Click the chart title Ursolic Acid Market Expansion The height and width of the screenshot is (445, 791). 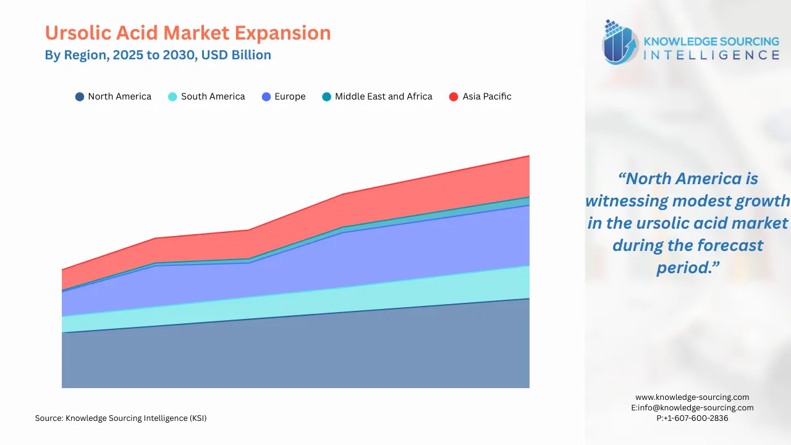(188, 33)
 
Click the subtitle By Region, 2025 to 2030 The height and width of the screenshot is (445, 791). (158, 55)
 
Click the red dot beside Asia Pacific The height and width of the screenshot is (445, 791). (454, 97)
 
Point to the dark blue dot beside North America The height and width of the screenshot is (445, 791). (79, 97)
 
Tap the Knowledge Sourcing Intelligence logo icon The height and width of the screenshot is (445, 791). (620, 43)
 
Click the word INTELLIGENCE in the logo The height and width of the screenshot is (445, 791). (711, 56)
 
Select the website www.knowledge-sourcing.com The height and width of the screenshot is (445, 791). (692, 397)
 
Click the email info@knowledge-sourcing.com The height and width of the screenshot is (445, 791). (692, 408)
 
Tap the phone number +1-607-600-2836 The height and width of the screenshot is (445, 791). (692, 418)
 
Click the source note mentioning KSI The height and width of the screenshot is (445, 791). (121, 418)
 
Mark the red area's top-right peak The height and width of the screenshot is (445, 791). (529, 156)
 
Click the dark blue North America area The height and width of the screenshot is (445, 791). (297, 352)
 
